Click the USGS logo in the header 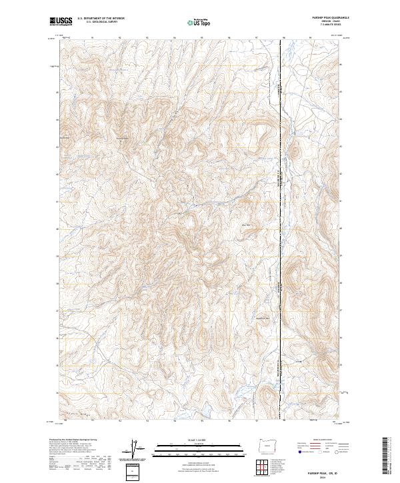click(x=61, y=21)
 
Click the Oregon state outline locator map click(x=268, y=447)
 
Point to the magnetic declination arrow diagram click(x=137, y=449)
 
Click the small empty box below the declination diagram click(x=136, y=471)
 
